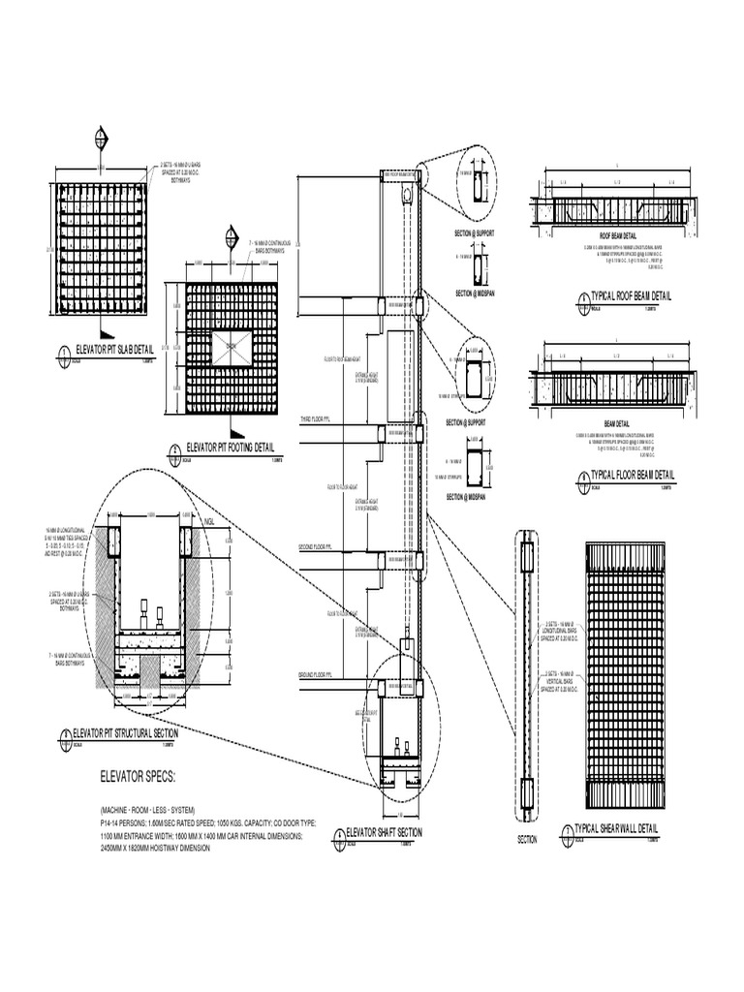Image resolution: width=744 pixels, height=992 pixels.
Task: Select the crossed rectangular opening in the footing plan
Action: (x=231, y=344)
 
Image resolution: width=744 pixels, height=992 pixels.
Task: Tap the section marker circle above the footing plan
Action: (x=231, y=234)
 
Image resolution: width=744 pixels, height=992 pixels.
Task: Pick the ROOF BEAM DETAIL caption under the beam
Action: (x=618, y=235)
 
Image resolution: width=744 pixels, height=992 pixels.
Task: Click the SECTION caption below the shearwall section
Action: (x=528, y=840)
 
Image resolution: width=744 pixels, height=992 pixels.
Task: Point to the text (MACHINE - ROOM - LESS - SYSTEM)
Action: (x=147, y=809)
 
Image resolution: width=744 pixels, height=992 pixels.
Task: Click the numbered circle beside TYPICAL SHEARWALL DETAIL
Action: (x=568, y=831)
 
